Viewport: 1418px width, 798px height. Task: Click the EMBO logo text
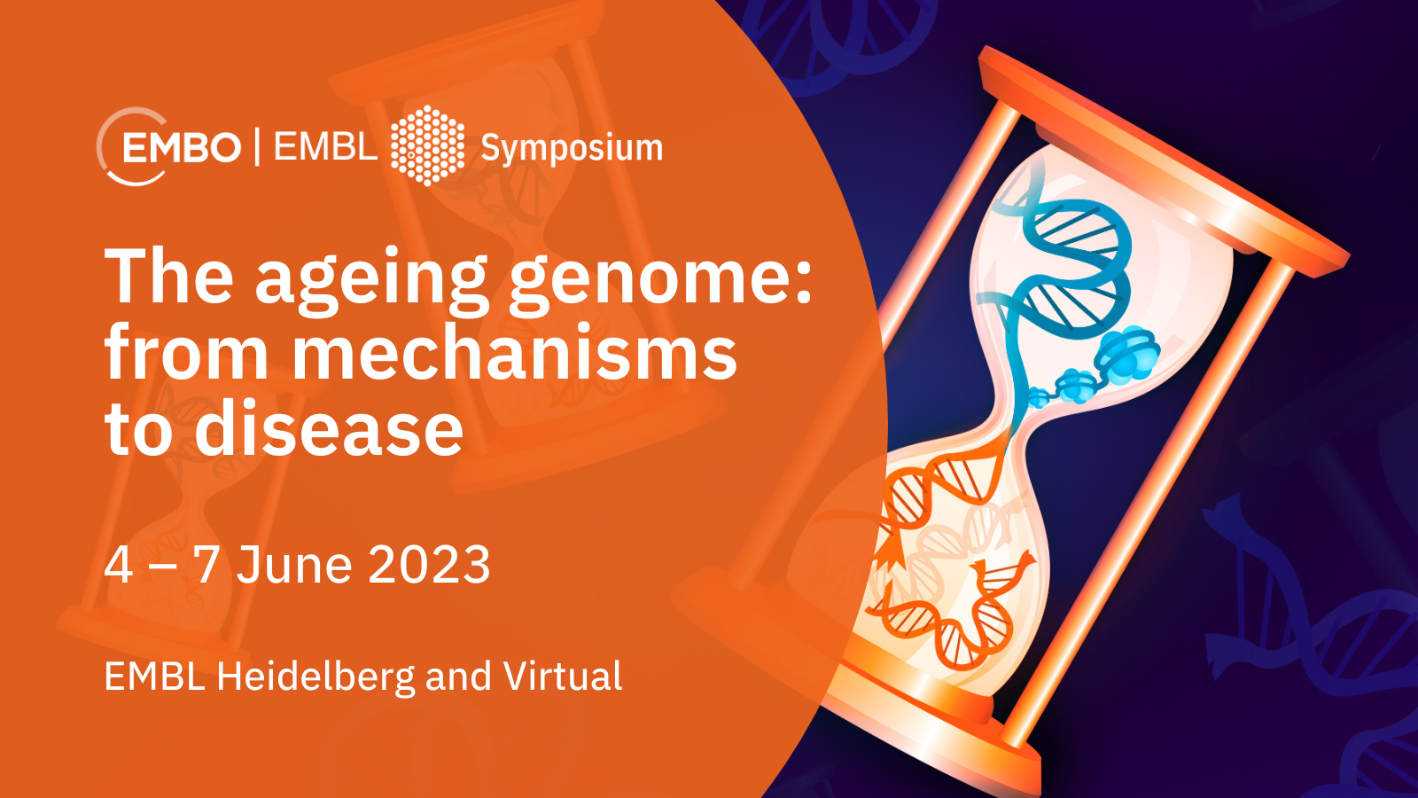click(181, 147)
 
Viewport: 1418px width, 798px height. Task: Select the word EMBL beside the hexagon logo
click(324, 147)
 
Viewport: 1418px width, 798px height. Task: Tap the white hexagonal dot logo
click(428, 145)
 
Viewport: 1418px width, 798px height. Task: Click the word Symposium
click(572, 150)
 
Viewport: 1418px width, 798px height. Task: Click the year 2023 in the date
click(429, 564)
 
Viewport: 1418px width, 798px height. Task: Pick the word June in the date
click(294, 564)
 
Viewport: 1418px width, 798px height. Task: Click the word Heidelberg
click(316, 677)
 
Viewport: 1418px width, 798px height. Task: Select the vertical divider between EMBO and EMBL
click(257, 146)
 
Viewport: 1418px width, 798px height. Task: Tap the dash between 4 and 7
click(163, 566)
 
